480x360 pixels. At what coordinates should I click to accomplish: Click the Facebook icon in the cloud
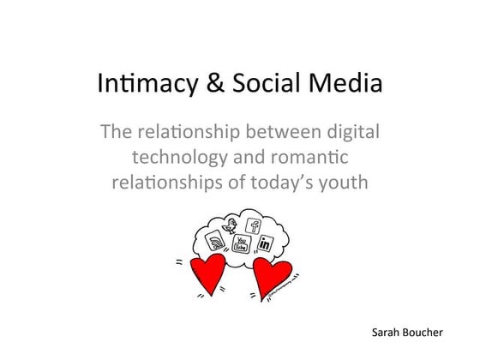254,226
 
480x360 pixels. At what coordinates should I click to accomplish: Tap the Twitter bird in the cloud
231,227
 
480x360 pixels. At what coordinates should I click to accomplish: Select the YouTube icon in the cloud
241,245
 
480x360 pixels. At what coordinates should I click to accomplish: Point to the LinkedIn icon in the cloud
265,245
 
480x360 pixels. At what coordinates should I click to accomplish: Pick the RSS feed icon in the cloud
217,245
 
